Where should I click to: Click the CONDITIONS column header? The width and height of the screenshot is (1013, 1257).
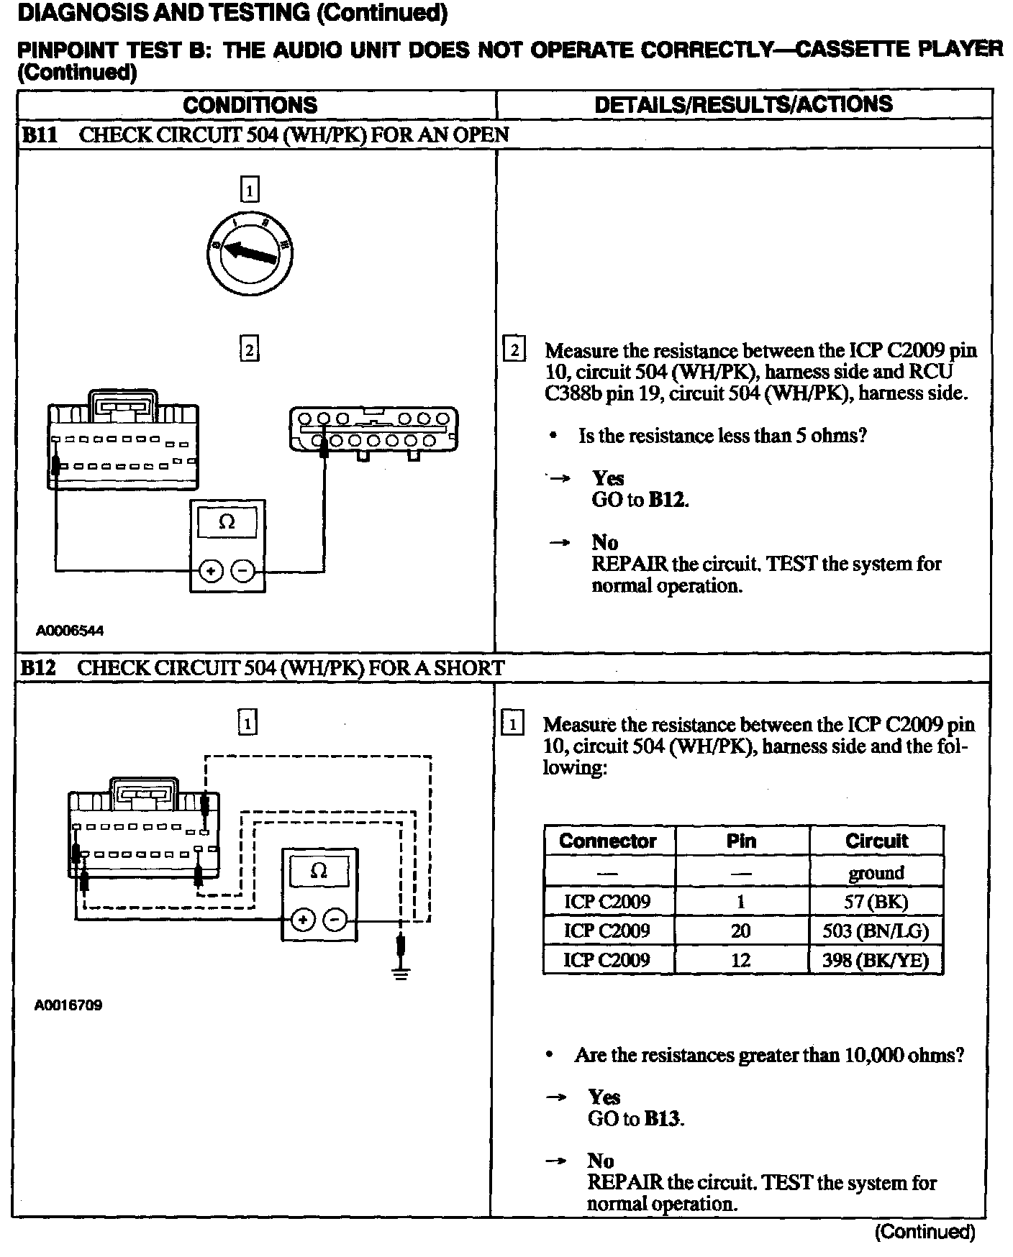[x=250, y=105]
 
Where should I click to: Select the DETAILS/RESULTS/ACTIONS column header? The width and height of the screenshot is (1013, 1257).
[x=743, y=105]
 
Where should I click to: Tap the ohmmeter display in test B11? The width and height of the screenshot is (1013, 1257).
[x=227, y=523]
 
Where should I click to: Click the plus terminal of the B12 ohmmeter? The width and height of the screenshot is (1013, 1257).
[x=302, y=920]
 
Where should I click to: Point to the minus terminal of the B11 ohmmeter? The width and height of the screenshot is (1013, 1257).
[x=243, y=572]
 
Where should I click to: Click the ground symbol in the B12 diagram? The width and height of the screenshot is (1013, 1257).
[x=402, y=972]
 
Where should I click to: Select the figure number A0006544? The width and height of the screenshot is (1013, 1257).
[x=70, y=631]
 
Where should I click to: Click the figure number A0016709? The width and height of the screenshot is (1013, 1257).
[x=68, y=1005]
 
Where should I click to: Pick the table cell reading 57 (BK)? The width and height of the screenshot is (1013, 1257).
[x=876, y=902]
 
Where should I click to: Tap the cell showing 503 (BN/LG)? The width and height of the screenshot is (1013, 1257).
[x=876, y=931]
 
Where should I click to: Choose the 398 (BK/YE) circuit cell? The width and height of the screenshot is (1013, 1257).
[x=876, y=960]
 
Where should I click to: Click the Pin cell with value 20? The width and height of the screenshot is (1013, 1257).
[x=741, y=931]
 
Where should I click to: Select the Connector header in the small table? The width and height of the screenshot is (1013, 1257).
[x=608, y=841]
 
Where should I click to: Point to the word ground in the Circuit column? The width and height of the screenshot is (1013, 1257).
[x=876, y=873]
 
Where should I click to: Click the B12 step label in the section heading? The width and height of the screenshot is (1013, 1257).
[x=38, y=667]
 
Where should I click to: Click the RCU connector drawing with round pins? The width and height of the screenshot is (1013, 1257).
[x=373, y=431]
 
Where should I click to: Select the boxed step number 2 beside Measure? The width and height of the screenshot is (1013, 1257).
[x=514, y=351]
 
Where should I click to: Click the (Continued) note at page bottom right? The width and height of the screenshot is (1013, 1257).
[x=925, y=1232]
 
